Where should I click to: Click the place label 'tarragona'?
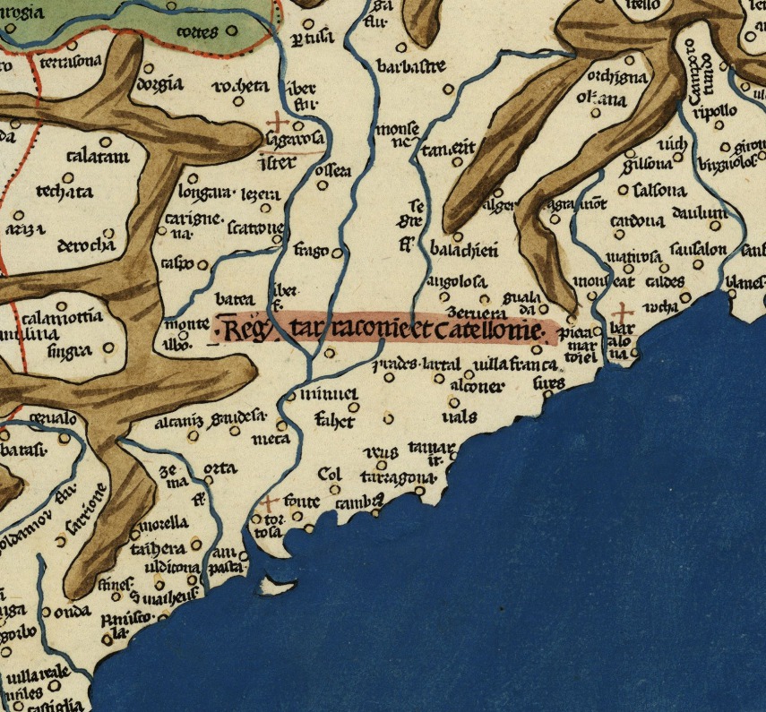394,477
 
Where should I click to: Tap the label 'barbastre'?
411,67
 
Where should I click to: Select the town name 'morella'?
164,524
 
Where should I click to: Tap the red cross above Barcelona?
621,313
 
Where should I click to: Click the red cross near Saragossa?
279,122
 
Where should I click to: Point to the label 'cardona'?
636,221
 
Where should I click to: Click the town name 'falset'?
335,421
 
